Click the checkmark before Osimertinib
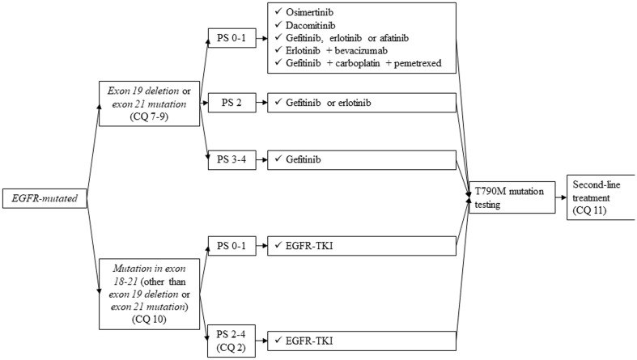[275, 15]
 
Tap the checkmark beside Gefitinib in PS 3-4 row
[275, 161]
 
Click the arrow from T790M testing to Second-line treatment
[561, 196]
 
